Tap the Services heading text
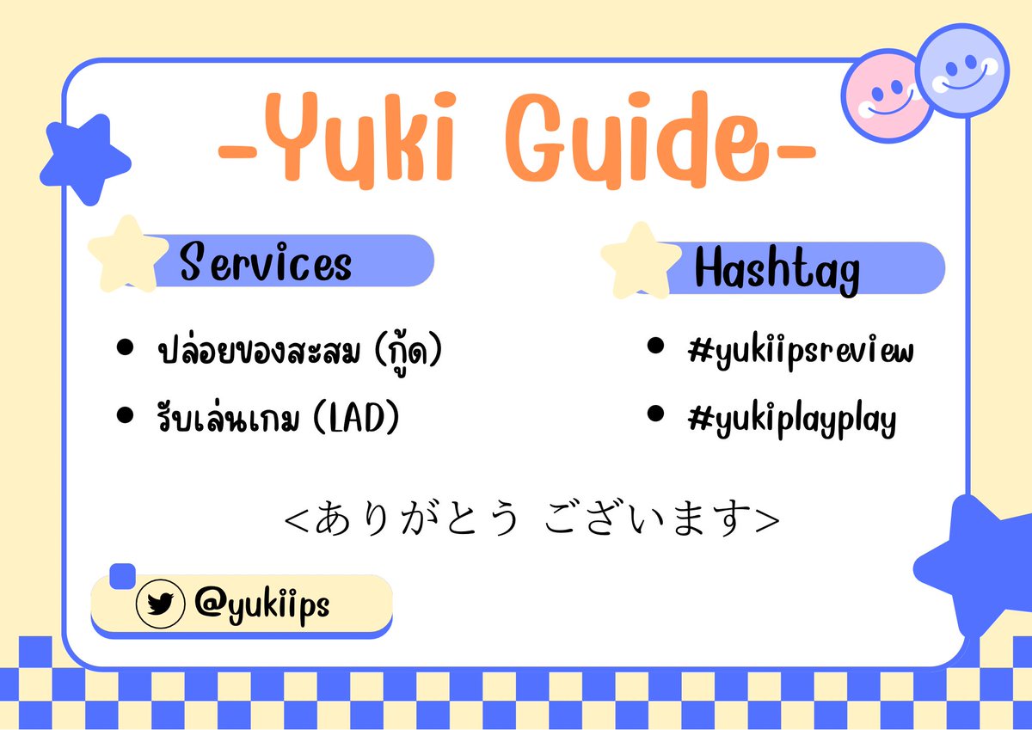(266, 261)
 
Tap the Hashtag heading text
(777, 269)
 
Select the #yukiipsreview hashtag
(801, 352)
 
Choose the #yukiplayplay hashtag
(792, 419)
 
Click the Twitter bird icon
(160, 604)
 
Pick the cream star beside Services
(126, 254)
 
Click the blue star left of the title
(83, 158)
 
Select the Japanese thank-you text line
(532, 518)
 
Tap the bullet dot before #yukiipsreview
(656, 347)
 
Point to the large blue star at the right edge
(979, 564)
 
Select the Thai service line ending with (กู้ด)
(300, 352)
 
